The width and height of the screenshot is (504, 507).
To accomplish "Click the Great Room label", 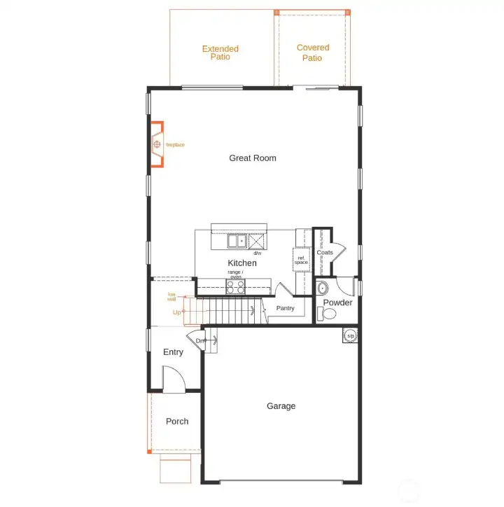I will click(x=253, y=158).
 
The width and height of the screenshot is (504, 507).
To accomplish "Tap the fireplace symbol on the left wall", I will click(x=157, y=145).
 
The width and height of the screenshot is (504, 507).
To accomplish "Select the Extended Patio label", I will click(x=220, y=53).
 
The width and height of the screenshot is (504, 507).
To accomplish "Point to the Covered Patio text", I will click(x=312, y=53).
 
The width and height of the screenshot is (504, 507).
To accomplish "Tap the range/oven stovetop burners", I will click(x=235, y=286).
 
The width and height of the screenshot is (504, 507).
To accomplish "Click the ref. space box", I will click(x=302, y=261).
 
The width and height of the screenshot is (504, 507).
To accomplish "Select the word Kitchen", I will click(x=242, y=263).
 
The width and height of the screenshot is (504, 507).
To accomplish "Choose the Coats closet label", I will click(x=325, y=253).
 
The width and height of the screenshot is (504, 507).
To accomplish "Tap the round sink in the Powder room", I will click(x=322, y=287).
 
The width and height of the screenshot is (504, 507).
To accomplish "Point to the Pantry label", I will click(x=286, y=308).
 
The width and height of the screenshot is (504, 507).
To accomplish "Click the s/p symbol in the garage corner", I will click(x=349, y=336).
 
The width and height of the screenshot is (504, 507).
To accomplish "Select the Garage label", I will click(x=281, y=406).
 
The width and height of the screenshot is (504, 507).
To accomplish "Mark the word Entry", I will click(x=173, y=352).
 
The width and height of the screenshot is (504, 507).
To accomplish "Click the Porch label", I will click(x=177, y=422).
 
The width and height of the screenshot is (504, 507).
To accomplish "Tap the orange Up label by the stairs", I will click(x=177, y=312).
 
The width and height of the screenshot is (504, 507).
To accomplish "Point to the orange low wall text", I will click(x=172, y=297).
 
